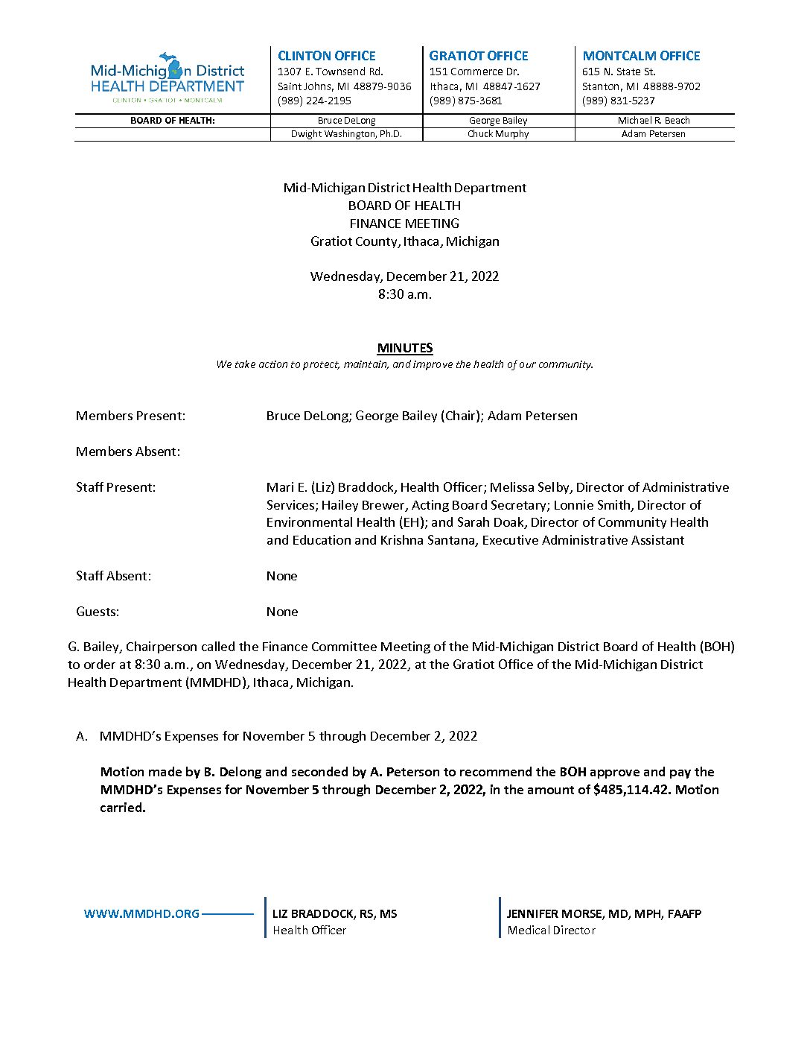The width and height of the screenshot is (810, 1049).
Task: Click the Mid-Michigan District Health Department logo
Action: (168, 77)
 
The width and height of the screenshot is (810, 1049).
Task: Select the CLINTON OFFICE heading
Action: (326, 56)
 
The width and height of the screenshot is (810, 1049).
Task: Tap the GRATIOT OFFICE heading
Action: (478, 56)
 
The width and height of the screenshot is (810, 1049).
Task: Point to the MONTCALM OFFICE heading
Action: (641, 56)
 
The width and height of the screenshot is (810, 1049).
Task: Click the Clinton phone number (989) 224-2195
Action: (314, 101)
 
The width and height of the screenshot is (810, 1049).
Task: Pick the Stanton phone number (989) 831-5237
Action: (618, 101)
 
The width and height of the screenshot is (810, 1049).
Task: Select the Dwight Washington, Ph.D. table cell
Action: (346, 134)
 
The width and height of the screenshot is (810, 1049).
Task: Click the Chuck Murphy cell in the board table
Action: (498, 134)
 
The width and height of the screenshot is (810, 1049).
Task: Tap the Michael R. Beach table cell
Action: (654, 121)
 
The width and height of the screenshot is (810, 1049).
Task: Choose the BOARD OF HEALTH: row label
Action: (173, 121)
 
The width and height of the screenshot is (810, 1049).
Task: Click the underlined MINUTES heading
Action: (405, 348)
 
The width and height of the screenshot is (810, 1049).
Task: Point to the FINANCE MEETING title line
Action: (404, 224)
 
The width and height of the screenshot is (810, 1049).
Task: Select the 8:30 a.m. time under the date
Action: (404, 294)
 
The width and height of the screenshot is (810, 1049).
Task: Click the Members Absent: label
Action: (128, 451)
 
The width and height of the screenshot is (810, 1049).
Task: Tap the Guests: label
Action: (98, 612)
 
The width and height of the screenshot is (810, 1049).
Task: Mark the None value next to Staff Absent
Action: (282, 576)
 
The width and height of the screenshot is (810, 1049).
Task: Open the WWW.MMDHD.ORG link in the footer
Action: (141, 913)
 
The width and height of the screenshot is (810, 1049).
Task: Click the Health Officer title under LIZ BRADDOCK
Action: (309, 930)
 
